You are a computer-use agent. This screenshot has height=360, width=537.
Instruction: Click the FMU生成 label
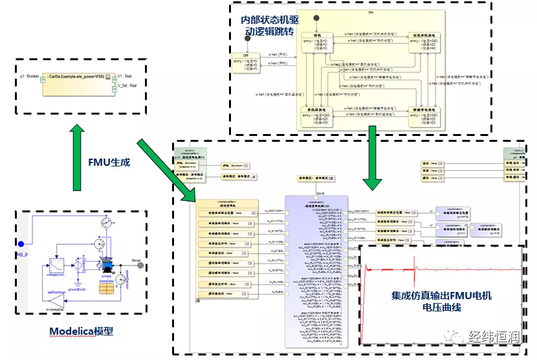[109, 162]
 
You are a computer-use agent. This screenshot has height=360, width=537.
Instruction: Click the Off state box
[247, 62]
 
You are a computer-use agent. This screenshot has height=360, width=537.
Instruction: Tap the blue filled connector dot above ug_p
[21, 244]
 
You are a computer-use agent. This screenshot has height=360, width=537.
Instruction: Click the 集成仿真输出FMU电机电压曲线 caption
[442, 301]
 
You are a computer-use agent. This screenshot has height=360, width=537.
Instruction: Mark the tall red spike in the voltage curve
[413, 262]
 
